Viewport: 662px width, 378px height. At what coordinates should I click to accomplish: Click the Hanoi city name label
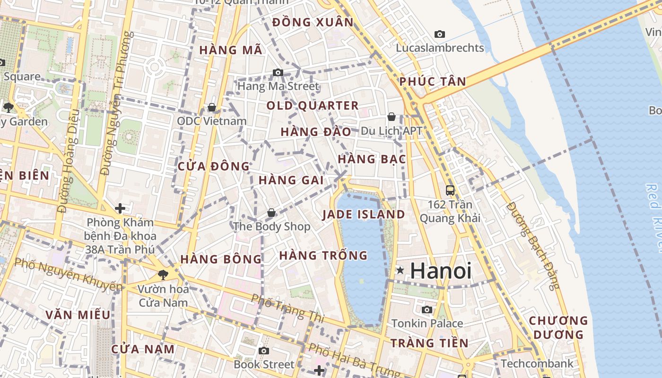pos(441,271)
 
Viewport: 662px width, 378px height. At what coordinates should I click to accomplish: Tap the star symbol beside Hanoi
pos(401,270)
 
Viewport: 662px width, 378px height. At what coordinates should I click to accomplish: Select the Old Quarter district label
pos(313,105)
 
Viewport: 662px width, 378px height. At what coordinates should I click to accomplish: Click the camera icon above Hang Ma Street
pos(278,72)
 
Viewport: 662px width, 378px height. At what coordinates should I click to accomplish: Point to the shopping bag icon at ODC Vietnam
pos(212,107)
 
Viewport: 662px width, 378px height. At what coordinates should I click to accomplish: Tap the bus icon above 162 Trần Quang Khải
pos(450,190)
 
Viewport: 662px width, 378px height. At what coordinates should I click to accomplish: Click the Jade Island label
pos(363,215)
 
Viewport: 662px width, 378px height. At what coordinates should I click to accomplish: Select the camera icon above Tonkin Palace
pos(427,309)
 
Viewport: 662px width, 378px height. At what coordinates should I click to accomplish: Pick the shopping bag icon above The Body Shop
pos(271,213)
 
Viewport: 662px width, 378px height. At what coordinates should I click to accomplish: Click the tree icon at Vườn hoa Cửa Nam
pos(163,274)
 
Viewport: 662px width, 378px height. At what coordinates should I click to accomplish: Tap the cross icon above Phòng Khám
pos(120,208)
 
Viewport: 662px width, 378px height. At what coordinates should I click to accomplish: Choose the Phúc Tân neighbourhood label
pos(432,81)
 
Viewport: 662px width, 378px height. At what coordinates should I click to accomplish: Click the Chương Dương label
pos(558,327)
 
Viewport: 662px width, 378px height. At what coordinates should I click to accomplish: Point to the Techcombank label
pos(537,364)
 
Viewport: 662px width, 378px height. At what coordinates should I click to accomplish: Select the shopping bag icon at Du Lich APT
pos(392,116)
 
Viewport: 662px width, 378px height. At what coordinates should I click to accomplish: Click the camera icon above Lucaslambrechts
pos(440,34)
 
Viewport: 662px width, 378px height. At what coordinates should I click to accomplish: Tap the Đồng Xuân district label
pos(313,22)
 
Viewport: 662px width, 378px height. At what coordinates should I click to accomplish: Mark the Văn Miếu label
pos(78,315)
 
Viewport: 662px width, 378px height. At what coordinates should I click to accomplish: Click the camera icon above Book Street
pos(264,351)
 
